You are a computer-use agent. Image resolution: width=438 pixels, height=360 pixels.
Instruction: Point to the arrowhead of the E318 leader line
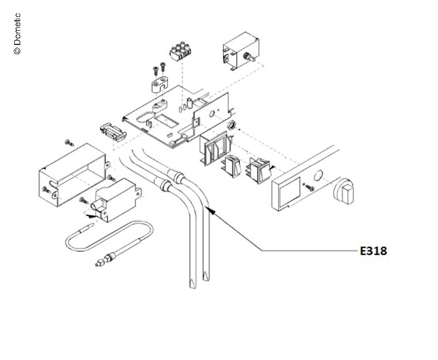click(x=210, y=209)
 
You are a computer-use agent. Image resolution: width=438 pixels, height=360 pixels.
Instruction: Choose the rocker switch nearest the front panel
click(x=260, y=170)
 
